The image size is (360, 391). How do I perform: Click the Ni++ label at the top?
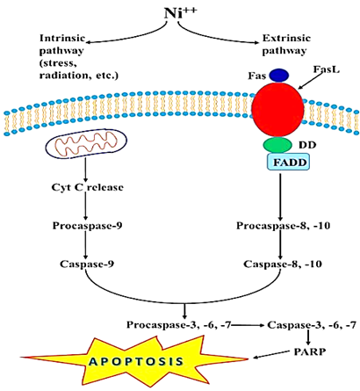[x=180, y=12]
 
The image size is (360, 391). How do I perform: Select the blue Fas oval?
[x=279, y=76]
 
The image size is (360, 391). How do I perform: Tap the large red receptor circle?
[x=277, y=109]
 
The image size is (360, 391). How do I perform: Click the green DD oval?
[x=277, y=145]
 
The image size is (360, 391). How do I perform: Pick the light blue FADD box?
[x=288, y=162]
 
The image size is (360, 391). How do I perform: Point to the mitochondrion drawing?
[x=86, y=143]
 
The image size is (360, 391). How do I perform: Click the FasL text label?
[x=327, y=69]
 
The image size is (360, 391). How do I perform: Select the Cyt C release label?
[x=87, y=187]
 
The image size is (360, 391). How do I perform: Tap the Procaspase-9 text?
[x=87, y=226]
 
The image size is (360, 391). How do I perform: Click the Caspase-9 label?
[x=87, y=264]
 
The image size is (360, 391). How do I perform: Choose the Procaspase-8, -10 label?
[x=284, y=226]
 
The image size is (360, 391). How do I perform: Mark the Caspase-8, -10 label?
[x=283, y=264]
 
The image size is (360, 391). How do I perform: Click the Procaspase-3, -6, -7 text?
[x=179, y=325]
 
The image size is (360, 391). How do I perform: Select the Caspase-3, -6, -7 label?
[x=312, y=325]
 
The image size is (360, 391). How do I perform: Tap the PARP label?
[x=310, y=351]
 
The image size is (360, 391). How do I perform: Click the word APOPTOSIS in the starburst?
[x=136, y=361]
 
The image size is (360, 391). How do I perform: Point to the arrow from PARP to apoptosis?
[x=271, y=354]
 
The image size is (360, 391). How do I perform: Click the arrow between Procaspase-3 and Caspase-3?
[x=248, y=325]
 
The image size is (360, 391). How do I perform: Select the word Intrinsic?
[x=62, y=38]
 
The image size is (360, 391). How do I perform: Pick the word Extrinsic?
[x=286, y=38]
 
